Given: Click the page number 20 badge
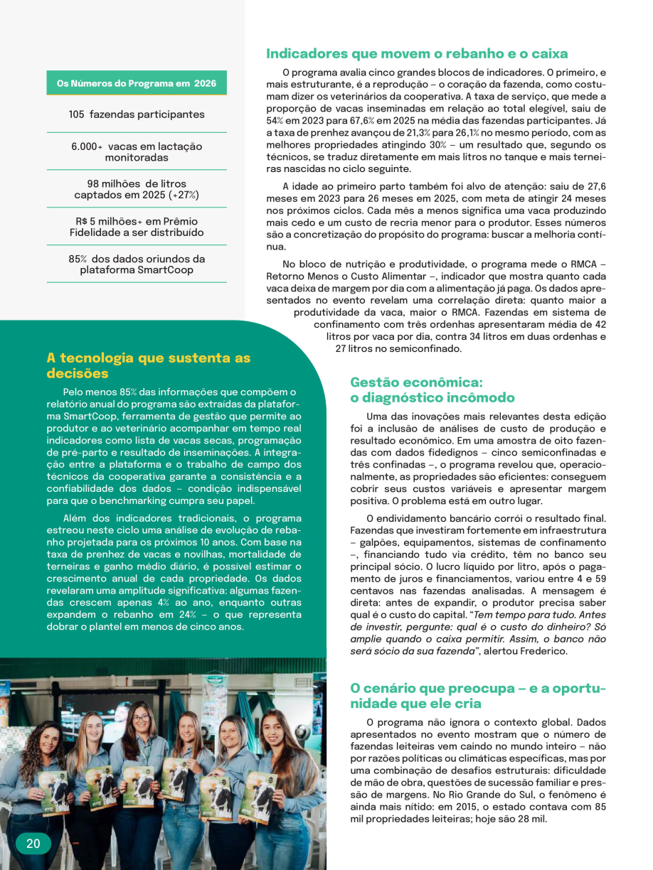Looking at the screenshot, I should pos(33,844).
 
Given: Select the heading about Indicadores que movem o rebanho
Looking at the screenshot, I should pos(417,53).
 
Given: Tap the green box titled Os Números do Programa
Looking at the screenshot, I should pos(137,83).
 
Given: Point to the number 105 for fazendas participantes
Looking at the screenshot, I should pos(77,114).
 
